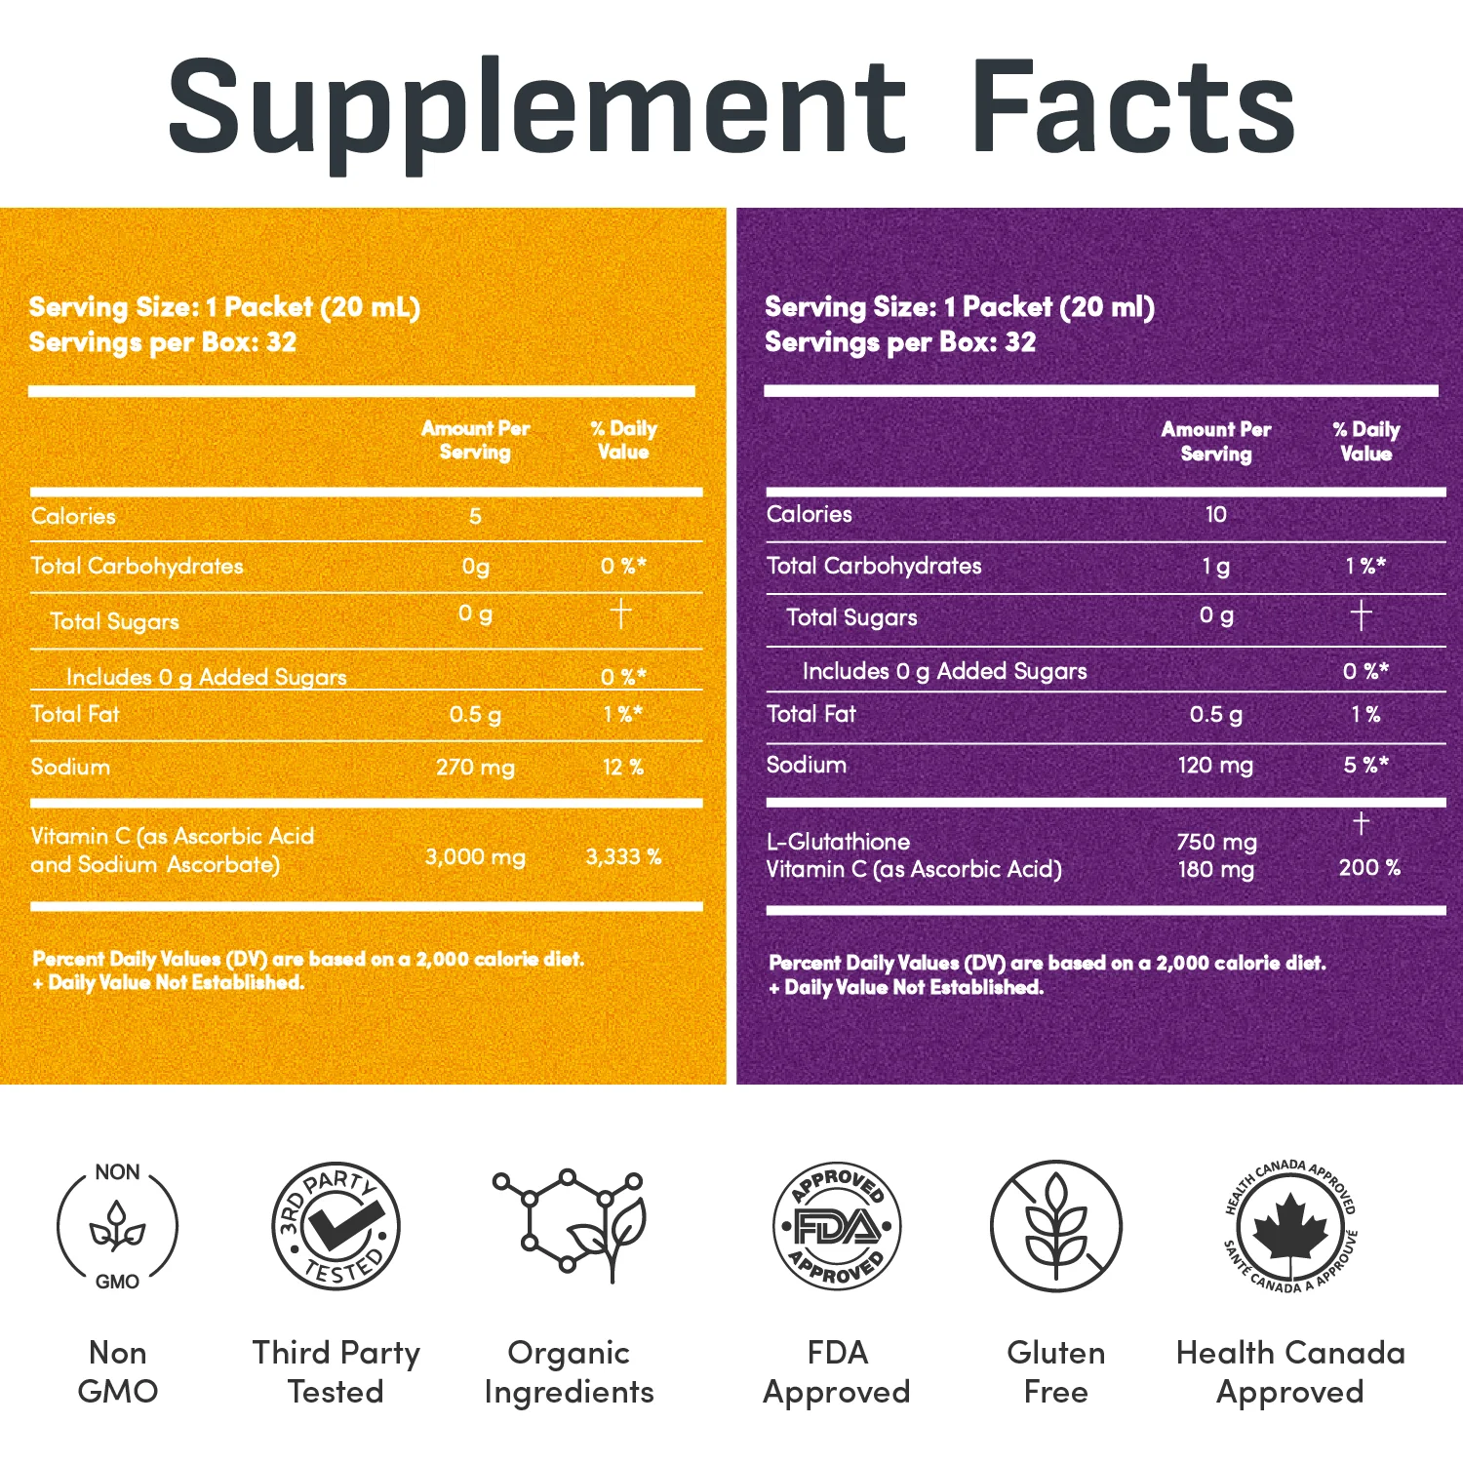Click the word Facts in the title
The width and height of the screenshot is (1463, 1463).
tap(1132, 105)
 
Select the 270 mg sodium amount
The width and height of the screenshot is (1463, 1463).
tap(475, 768)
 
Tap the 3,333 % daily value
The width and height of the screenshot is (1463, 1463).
tap(623, 857)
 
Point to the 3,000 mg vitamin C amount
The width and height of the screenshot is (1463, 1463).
tap(475, 857)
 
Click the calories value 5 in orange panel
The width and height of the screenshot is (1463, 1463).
tap(475, 517)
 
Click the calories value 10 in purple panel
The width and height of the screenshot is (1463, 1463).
tap(1215, 515)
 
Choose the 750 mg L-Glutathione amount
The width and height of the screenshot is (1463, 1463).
tap(1216, 842)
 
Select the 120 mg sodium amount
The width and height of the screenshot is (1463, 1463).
tap(1215, 766)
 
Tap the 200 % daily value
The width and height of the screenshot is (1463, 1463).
tap(1369, 868)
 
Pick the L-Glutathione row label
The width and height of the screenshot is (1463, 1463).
tap(838, 842)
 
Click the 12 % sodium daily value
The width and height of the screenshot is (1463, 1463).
tap(623, 768)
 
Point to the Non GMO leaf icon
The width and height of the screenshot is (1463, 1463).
tap(117, 1226)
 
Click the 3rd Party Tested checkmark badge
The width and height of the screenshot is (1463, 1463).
tap(336, 1226)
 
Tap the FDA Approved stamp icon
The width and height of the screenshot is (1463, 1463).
tap(837, 1226)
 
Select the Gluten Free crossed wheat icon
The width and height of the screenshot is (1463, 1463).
tap(1056, 1226)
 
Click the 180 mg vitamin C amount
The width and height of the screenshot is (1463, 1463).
tap(1215, 869)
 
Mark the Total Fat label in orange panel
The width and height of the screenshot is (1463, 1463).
tap(75, 715)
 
